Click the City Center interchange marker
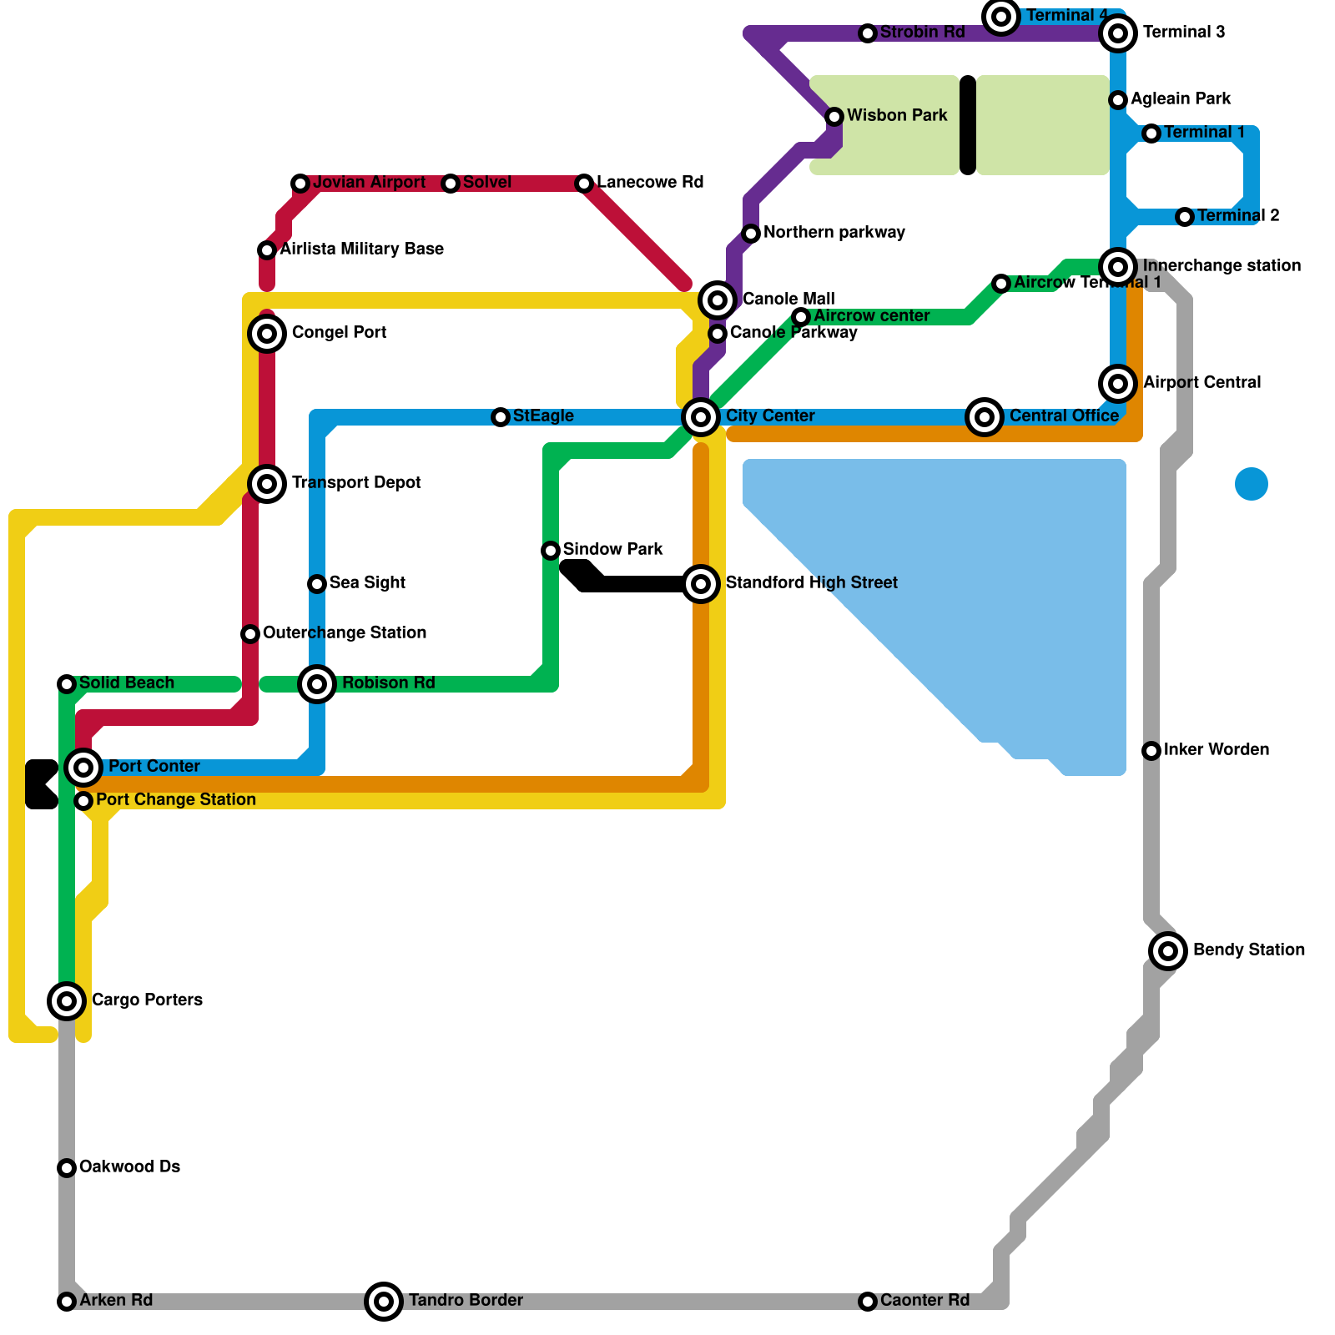[701, 416]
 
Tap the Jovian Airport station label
[369, 183]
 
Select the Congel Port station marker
[267, 334]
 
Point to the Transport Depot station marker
[267, 483]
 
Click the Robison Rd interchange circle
[317, 684]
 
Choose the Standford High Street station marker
[701, 584]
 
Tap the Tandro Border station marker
[384, 1301]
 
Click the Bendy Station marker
[1168, 950]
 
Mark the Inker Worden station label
[1216, 749]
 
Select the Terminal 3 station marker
[1118, 33]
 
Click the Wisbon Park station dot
[834, 117]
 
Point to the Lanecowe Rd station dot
[584, 184]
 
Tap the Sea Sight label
[367, 582]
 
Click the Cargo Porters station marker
[67, 1000]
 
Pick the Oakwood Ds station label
[129, 1166]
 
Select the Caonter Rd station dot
[868, 1302]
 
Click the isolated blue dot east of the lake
[1252, 484]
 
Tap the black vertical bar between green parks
[968, 125]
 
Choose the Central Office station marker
[985, 416]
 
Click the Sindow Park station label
[612, 549]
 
